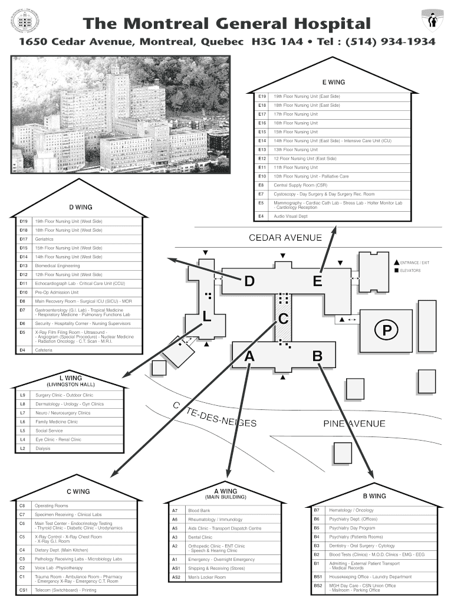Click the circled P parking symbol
pyautogui.click(x=386, y=330)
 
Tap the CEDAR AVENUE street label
pyautogui.click(x=285, y=238)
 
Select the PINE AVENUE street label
pyautogui.click(x=354, y=424)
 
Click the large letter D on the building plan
pyautogui.click(x=249, y=283)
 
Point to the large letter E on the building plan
pyautogui.click(x=317, y=282)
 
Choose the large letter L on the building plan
pyautogui.click(x=207, y=317)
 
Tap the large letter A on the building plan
pyautogui.click(x=249, y=356)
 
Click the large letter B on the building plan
pyautogui.click(x=317, y=356)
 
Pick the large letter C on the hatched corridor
pyautogui.click(x=283, y=319)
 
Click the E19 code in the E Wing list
pyautogui.click(x=262, y=96)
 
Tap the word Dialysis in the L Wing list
pyautogui.click(x=43, y=448)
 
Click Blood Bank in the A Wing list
pyautogui.click(x=199, y=510)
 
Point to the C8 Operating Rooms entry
pyautogui.click(x=51, y=505)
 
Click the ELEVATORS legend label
pyautogui.click(x=410, y=271)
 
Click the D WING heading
pyautogui.click(x=81, y=207)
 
